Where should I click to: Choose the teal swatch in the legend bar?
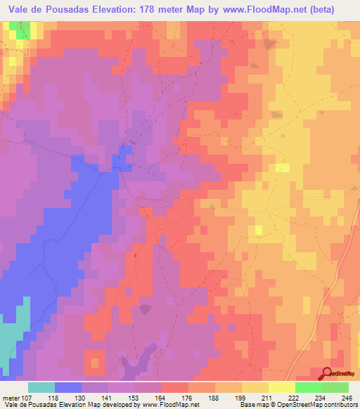[41, 387]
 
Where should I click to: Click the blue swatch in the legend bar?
[68, 387]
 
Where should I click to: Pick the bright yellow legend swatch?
[282, 387]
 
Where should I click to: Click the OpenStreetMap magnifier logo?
[327, 373]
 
